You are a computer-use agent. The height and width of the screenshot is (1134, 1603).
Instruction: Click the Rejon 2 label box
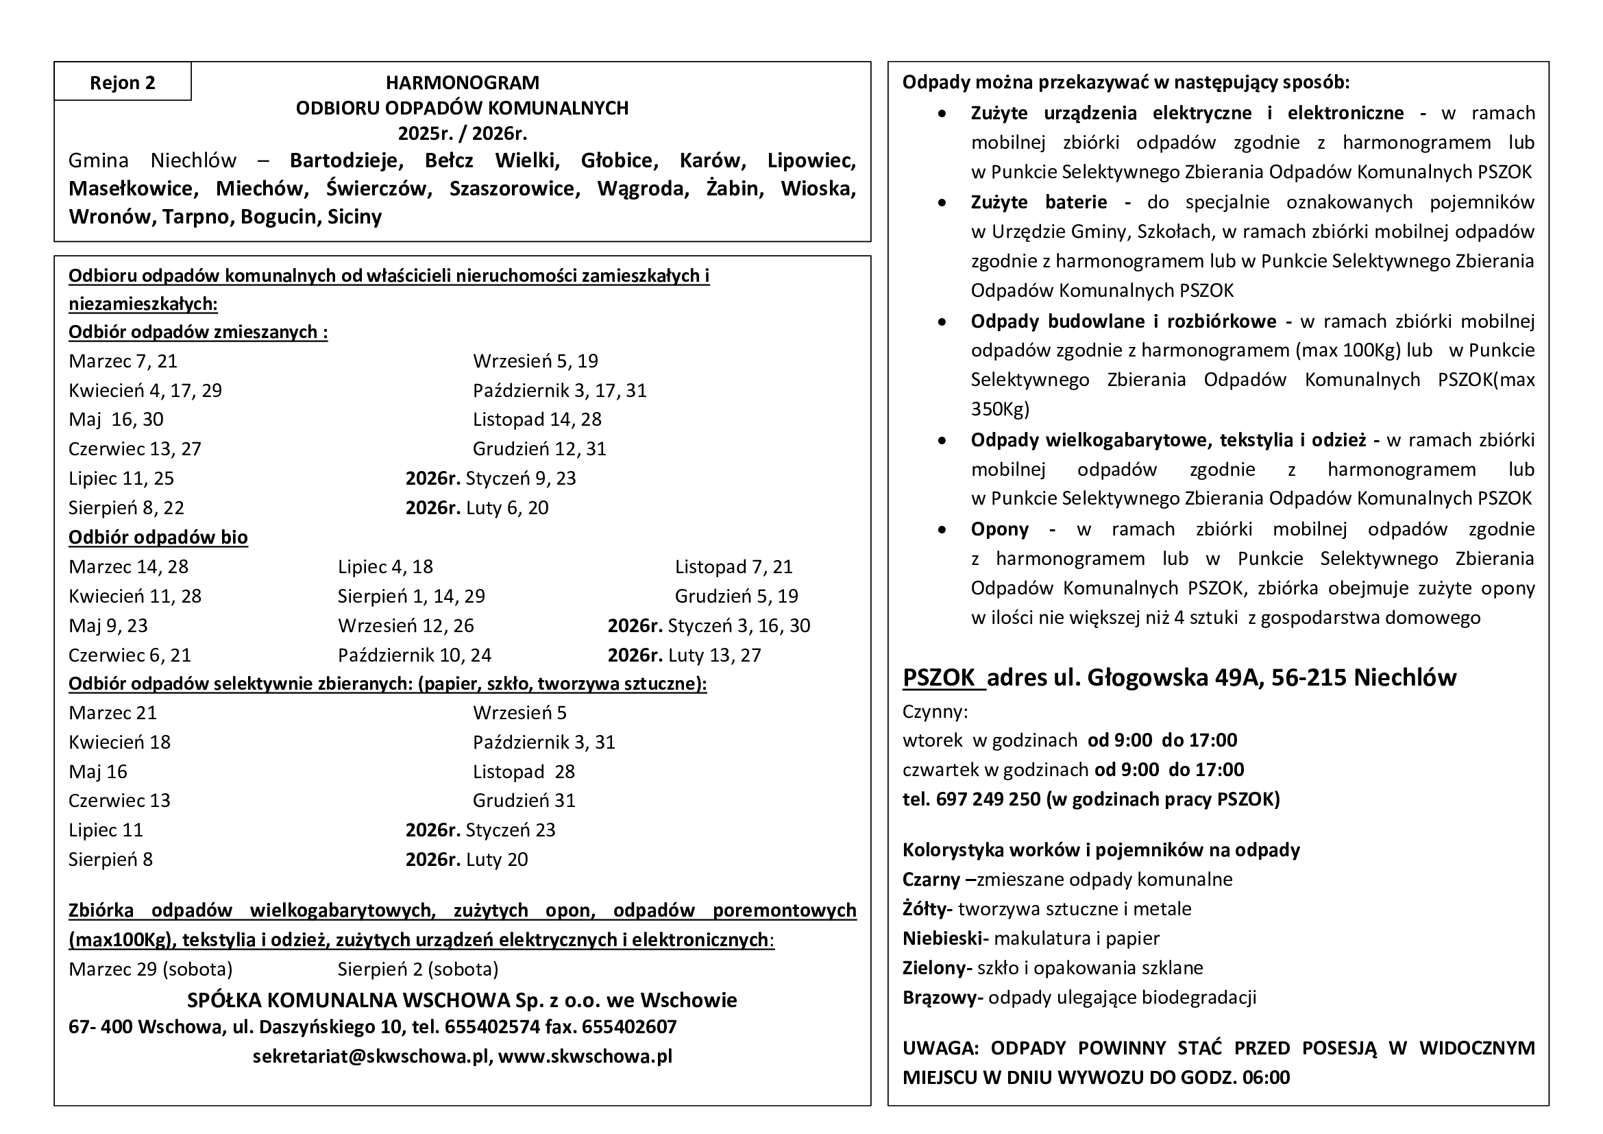pos(122,82)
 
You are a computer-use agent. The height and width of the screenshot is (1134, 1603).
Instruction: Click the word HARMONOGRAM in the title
pos(462,82)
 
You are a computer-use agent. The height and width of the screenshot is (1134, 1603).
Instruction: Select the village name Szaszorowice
pos(515,189)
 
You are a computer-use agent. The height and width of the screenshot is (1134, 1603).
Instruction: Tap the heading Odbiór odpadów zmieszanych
pos(197,332)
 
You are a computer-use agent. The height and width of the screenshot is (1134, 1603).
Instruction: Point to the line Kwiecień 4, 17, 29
pos(145,390)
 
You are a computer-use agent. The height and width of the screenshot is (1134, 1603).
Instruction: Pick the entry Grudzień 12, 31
pos(539,448)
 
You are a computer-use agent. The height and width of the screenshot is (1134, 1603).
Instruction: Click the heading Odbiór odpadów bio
pos(158,537)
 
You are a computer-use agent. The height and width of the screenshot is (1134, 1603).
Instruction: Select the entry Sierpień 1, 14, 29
pos(411,596)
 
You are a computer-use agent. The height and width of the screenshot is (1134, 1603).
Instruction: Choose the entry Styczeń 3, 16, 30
pos(739,626)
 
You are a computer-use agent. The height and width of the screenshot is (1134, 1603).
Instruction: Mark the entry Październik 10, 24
pos(415,655)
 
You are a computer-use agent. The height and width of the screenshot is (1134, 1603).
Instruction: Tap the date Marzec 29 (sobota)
pos(150,969)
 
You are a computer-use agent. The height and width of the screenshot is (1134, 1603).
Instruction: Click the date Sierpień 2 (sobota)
pos(417,969)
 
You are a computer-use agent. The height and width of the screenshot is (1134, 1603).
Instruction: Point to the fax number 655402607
pos(629,1027)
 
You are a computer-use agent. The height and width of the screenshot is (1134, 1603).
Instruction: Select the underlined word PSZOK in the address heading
pos(939,678)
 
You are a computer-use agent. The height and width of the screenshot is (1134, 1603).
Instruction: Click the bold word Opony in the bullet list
pos(999,529)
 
